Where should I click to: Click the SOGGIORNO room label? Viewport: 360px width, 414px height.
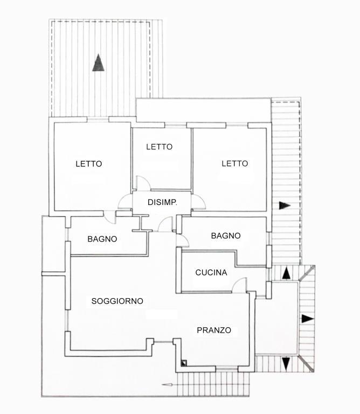(x=117, y=301)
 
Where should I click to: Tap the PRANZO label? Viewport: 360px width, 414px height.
(x=214, y=330)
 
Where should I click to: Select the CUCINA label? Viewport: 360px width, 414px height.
(x=211, y=272)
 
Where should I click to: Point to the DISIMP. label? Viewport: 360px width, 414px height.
(x=162, y=202)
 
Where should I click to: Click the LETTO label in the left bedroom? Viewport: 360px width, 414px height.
(x=89, y=164)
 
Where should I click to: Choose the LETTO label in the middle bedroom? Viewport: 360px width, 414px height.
(x=160, y=147)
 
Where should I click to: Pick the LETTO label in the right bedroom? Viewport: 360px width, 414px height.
(x=235, y=163)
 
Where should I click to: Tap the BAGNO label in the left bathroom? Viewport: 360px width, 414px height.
(x=102, y=239)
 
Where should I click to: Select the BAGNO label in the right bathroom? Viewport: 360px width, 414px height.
(x=226, y=236)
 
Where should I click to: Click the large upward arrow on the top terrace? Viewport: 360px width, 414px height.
(x=98, y=63)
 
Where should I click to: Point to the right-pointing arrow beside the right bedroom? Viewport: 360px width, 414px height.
(x=285, y=205)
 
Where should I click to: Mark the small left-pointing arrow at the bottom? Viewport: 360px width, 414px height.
(x=167, y=385)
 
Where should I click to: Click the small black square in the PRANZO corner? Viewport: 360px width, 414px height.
(x=184, y=363)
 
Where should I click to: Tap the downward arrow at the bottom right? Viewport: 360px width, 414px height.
(x=286, y=364)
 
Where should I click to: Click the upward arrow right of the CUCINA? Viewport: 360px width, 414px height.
(x=286, y=273)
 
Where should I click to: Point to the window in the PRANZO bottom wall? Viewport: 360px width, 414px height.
(x=227, y=369)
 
